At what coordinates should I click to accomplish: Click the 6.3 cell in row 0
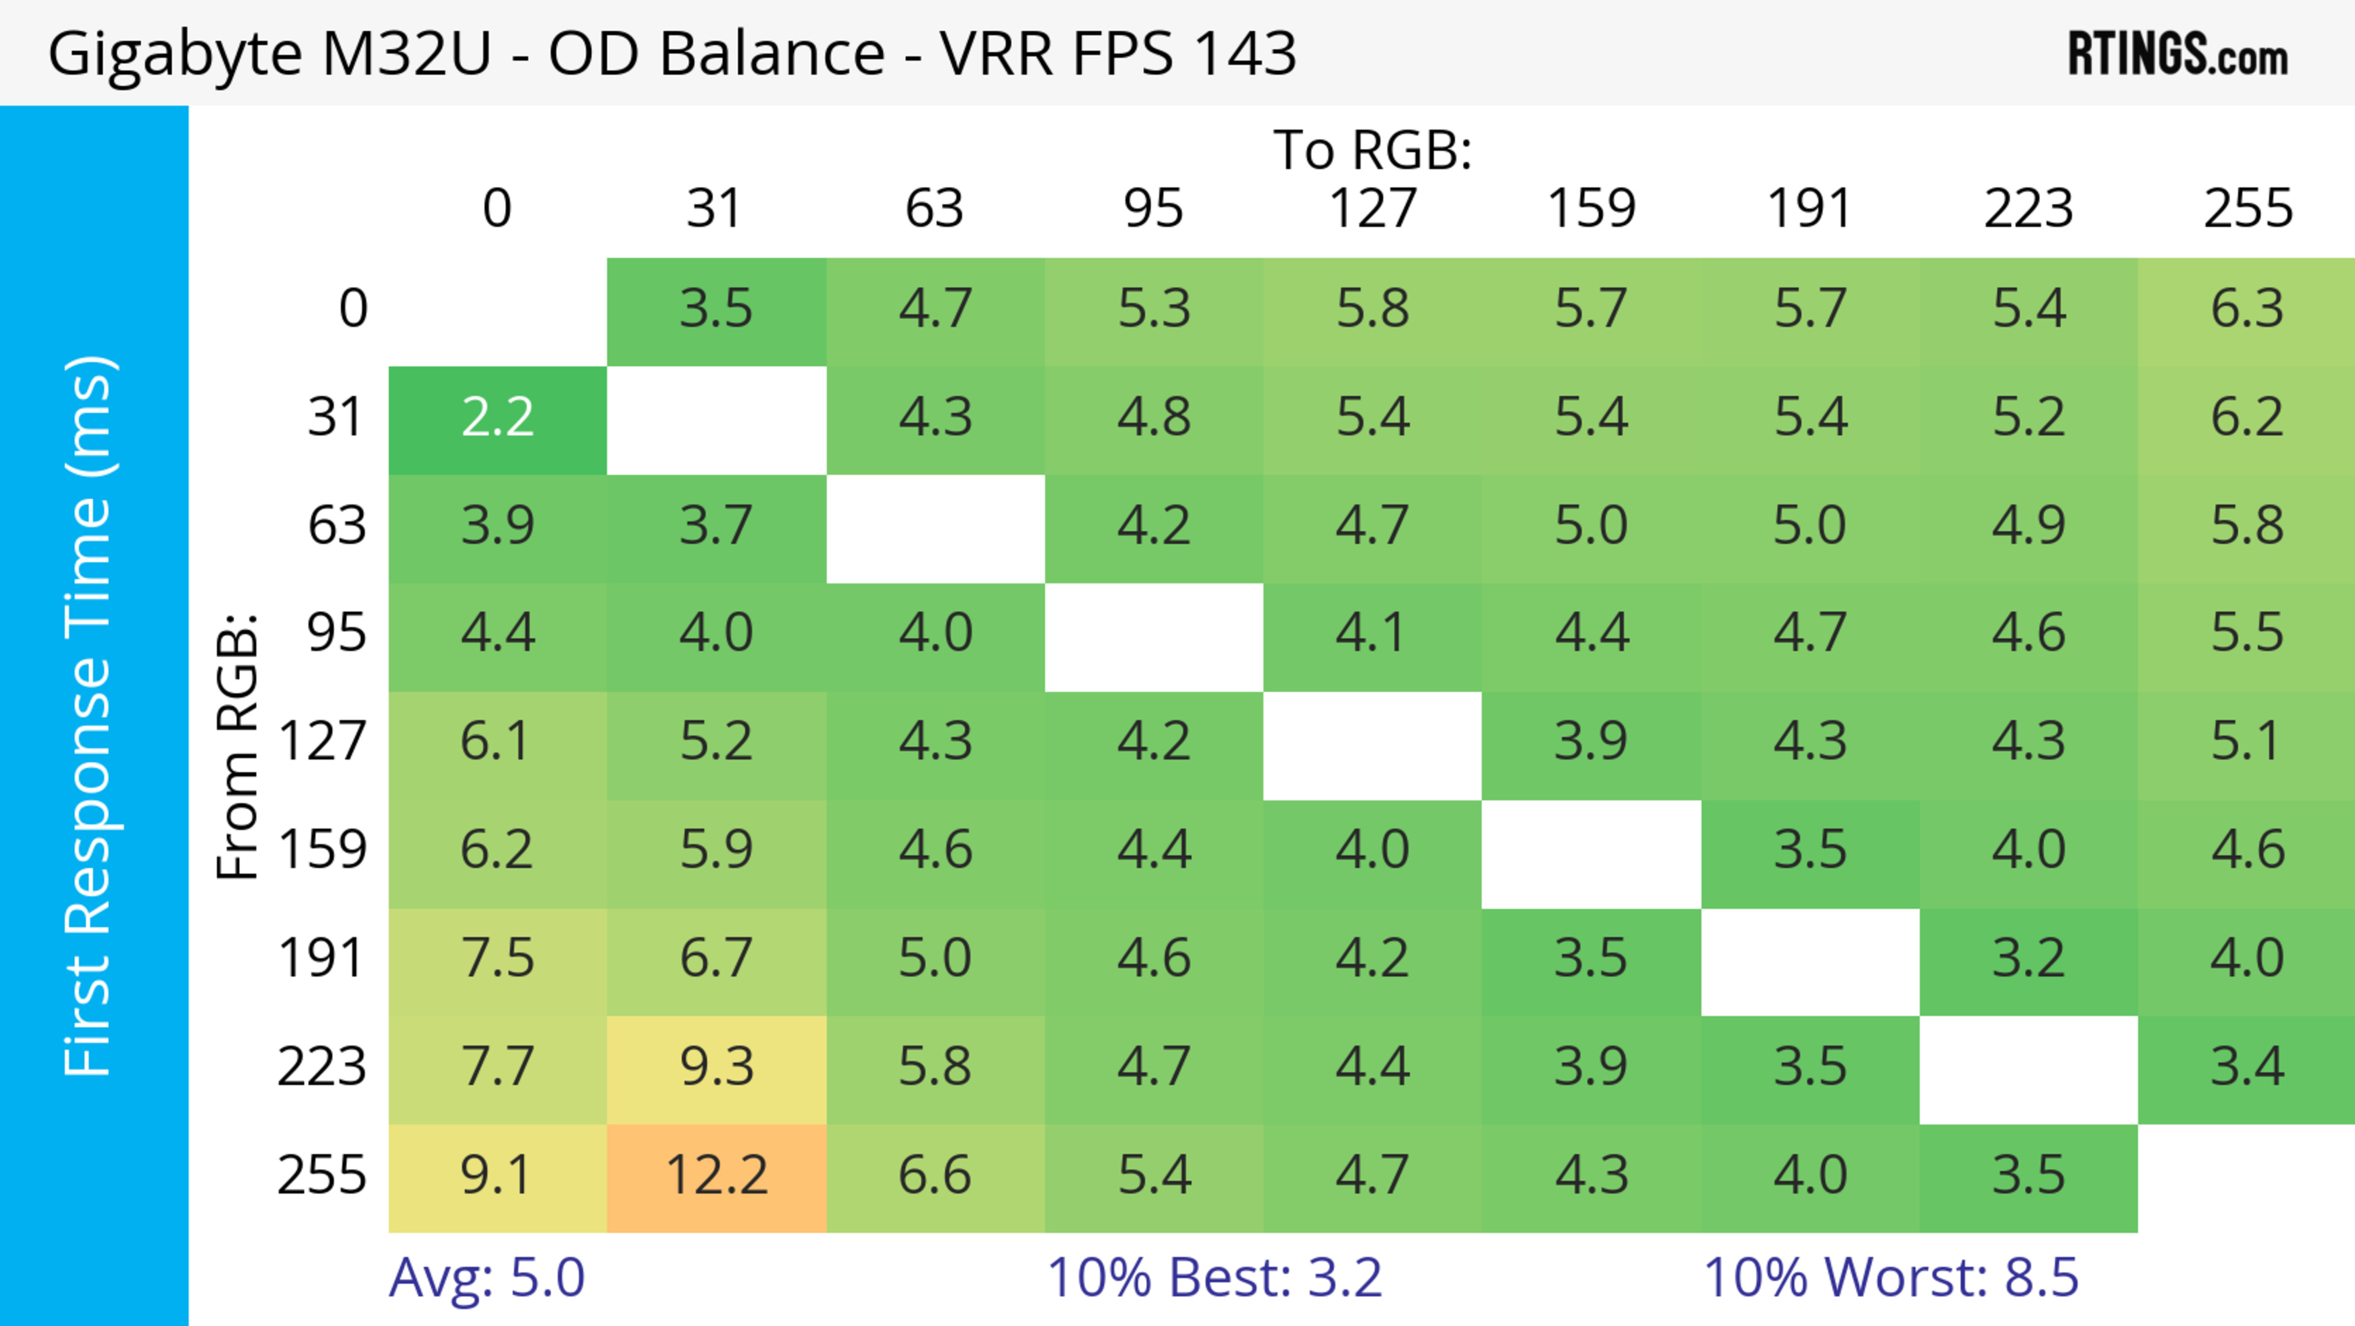[2247, 310]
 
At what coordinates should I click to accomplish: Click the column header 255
[2247, 209]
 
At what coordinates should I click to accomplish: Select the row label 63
[337, 526]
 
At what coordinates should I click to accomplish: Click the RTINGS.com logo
[2178, 55]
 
